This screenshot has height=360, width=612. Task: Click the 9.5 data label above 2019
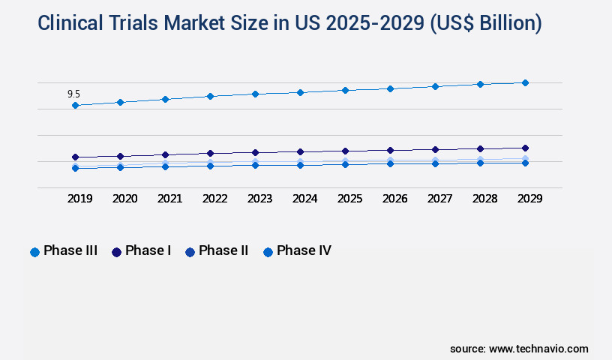point(73,94)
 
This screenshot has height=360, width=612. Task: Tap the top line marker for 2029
point(525,82)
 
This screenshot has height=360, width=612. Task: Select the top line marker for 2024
point(300,92)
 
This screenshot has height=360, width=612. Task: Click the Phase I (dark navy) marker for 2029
point(525,148)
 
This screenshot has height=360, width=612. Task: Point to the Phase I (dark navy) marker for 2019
point(75,157)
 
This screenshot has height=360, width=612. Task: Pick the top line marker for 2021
point(165,99)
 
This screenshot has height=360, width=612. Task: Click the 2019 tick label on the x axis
point(80,199)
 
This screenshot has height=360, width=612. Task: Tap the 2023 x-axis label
point(260,199)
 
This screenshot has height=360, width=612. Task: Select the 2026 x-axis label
point(395,199)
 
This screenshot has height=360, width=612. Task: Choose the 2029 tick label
point(530,199)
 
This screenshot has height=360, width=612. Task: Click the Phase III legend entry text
point(70,250)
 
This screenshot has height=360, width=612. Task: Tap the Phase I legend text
point(148,250)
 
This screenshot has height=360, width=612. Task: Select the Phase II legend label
point(223,250)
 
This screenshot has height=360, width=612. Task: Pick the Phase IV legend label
point(304,250)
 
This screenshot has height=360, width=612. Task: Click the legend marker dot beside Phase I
point(116,252)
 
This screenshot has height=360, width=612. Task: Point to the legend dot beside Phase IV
point(268,252)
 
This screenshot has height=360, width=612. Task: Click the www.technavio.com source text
point(538,349)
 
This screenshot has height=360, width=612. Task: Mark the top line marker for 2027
point(435,86)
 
